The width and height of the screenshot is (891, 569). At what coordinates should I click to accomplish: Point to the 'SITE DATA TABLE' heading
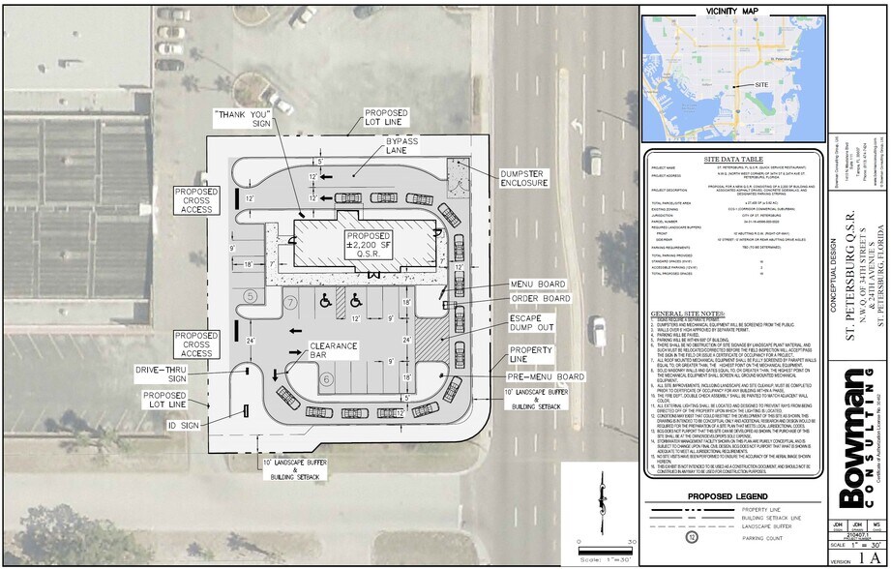pos(732,158)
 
